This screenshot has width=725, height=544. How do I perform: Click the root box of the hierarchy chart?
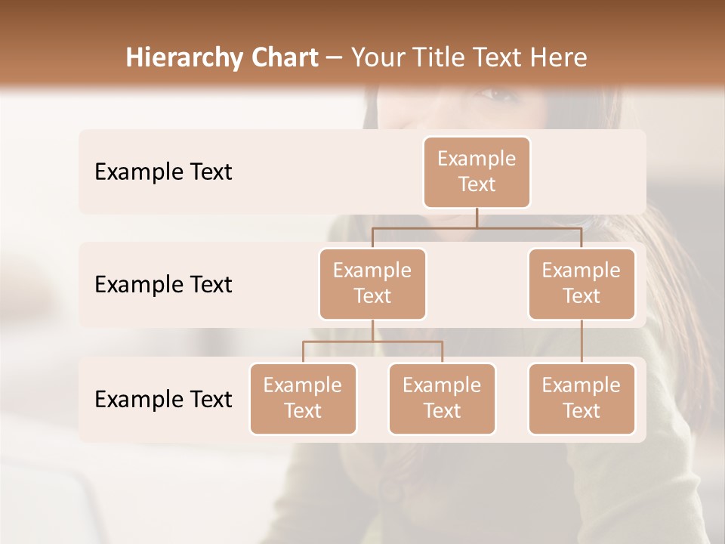coord(477,172)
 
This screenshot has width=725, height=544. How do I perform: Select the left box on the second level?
coord(372,283)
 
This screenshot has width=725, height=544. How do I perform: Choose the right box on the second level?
coord(582,283)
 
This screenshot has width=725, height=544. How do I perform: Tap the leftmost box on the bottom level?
coord(303,398)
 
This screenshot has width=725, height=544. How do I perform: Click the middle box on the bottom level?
coord(442,398)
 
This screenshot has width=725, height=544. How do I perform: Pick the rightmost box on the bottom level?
coord(582,398)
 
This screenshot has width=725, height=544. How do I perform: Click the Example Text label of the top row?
coord(163,172)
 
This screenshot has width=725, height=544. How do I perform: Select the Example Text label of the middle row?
coord(163,284)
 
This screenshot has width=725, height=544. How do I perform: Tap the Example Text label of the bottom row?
coord(163,399)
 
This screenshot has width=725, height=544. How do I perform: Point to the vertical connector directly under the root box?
coord(477,217)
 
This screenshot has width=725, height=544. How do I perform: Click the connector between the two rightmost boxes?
coord(582,342)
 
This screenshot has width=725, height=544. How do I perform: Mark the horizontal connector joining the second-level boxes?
coord(477,227)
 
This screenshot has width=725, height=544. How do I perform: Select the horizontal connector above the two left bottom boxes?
coord(372,342)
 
